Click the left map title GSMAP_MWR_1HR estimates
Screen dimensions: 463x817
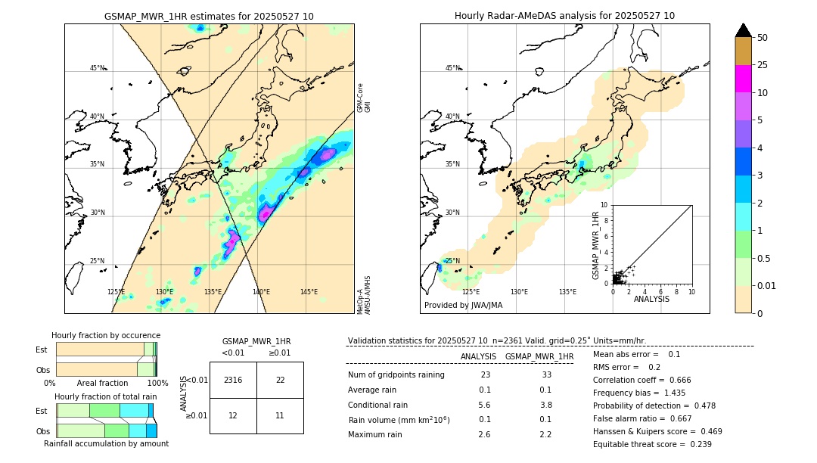click(x=209, y=16)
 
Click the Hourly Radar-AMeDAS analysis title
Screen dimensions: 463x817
click(x=564, y=16)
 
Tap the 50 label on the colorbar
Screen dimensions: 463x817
click(x=763, y=37)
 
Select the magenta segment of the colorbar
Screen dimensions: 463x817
click(x=743, y=79)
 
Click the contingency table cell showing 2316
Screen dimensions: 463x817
click(x=233, y=380)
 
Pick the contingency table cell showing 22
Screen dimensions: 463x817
click(x=280, y=380)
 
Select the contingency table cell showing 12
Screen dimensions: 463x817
click(x=233, y=415)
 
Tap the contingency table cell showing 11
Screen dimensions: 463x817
click(x=280, y=415)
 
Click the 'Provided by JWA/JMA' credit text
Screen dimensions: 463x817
click(x=463, y=306)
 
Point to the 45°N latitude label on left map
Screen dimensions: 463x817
click(x=97, y=68)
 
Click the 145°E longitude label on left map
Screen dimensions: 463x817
click(x=309, y=292)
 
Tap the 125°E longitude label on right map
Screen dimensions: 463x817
click(x=471, y=292)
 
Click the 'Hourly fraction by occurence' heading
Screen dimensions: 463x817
click(x=106, y=335)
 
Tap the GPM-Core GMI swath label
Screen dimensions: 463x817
click(x=364, y=98)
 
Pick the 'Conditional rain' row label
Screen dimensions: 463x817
click(x=379, y=405)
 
